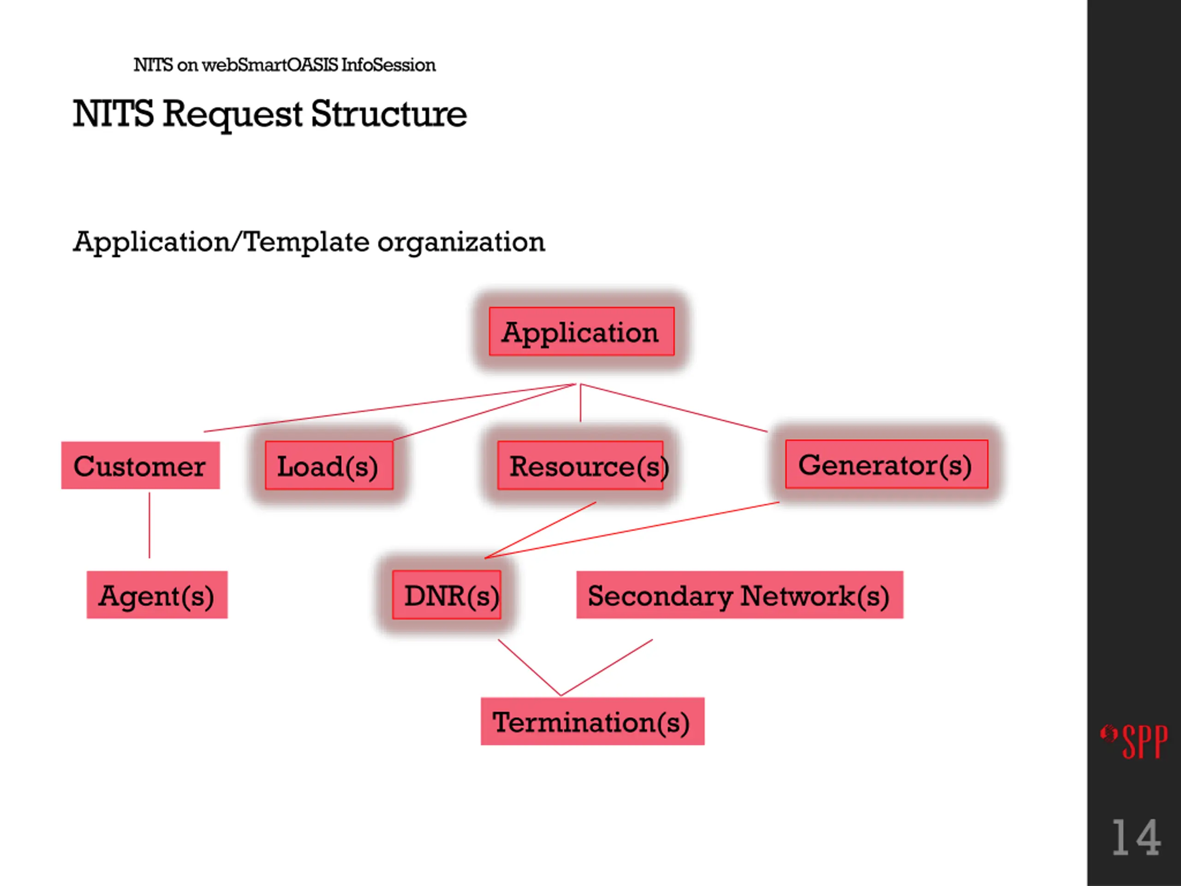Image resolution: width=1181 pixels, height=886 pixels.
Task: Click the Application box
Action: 581,331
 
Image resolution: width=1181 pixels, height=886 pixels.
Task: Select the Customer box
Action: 140,465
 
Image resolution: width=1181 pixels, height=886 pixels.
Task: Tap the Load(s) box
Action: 329,465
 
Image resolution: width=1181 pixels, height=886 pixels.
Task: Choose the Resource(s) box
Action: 580,465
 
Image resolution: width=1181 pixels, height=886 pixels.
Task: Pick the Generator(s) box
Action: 887,464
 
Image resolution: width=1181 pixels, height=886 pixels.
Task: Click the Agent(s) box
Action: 157,595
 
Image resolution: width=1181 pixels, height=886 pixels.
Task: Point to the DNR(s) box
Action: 447,595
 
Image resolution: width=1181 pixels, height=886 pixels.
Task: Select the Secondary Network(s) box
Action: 740,595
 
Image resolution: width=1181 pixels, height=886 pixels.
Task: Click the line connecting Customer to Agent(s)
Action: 149,525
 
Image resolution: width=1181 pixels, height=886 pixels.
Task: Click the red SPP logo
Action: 1134,741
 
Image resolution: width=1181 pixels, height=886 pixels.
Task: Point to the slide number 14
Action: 1136,838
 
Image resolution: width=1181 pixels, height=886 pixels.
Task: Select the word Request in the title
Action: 233,115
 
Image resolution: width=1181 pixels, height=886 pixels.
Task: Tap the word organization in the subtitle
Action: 461,243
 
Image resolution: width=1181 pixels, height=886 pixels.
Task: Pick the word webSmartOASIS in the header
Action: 270,65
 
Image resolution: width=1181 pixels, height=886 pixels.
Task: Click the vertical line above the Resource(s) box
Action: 580,403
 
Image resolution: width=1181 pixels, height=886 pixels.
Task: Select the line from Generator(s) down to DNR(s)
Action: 632,530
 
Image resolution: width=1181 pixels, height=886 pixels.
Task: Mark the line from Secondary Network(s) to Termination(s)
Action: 607,668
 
